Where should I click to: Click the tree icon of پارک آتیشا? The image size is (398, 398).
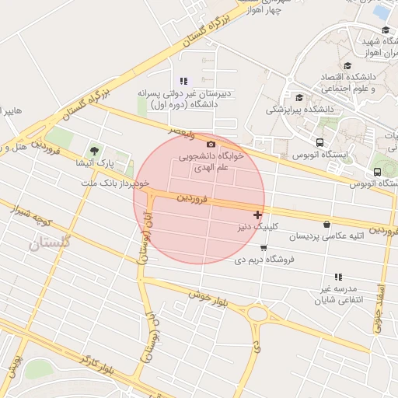[x=95, y=151]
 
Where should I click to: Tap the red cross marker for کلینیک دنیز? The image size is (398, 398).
[x=257, y=215]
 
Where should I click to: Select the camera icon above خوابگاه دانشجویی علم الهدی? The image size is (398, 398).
[x=211, y=144]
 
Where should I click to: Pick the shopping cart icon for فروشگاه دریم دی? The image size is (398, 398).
[x=264, y=249]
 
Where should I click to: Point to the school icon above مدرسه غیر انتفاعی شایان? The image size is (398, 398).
[x=337, y=277]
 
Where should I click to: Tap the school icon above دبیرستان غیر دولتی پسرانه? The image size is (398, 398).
[x=183, y=81]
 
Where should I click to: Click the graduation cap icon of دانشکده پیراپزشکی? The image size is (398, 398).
[x=299, y=97]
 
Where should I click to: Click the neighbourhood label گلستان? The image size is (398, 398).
[x=49, y=243]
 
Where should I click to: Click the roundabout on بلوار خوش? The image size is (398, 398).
[x=257, y=315]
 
